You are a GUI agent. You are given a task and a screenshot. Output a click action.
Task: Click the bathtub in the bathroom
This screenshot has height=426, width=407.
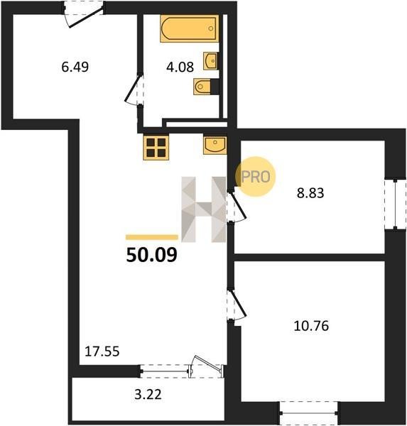click(190, 28)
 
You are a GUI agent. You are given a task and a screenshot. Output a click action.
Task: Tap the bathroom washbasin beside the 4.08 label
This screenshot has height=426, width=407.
click(210, 60)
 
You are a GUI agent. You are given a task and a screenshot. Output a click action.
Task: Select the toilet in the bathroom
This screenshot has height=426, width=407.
click(202, 87)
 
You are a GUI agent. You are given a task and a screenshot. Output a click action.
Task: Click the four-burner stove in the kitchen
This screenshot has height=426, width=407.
click(156, 148)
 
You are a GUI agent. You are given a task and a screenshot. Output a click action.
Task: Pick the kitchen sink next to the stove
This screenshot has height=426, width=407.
click(215, 146)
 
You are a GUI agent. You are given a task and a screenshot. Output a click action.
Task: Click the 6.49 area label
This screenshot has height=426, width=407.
click(75, 67)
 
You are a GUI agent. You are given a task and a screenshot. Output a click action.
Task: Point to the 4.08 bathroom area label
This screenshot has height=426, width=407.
click(180, 67)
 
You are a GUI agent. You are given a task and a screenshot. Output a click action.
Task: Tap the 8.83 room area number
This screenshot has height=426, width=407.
click(310, 193)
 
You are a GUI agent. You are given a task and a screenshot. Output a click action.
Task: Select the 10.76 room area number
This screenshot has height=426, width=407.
click(311, 326)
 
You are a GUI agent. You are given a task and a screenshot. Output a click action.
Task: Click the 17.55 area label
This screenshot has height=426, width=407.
click(102, 351)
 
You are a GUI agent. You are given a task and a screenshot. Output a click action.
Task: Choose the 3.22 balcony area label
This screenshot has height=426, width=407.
click(148, 395)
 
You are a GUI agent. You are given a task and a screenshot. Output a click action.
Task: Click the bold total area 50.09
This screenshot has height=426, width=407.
click(152, 255)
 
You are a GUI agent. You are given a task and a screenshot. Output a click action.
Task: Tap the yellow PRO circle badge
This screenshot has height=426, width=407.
click(256, 177)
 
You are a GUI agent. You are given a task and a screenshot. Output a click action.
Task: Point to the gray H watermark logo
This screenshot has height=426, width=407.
click(204, 209)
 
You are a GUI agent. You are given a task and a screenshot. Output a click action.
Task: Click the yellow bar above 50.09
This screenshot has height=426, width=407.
click(152, 237)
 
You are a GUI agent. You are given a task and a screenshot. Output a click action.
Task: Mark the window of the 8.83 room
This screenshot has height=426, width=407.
click(396, 204)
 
